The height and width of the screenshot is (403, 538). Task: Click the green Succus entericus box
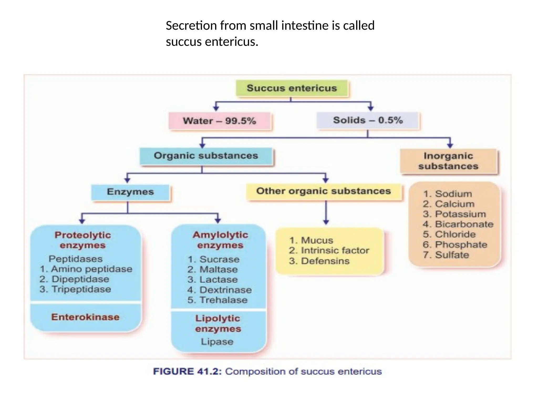pos(292,88)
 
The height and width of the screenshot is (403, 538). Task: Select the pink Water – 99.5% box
pos(220,121)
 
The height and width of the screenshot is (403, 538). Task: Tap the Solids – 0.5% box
pos(368,120)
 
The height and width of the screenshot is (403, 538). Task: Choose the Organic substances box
pos(206,156)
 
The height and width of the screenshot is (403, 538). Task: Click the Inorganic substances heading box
pos(448,161)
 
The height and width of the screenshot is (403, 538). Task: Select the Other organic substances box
pos(324,191)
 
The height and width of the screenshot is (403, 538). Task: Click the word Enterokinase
pos(85,317)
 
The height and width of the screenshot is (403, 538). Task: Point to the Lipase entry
pos(217,342)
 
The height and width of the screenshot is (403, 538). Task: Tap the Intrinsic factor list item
pos(335,251)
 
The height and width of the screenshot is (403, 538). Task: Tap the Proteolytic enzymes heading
pos(83,240)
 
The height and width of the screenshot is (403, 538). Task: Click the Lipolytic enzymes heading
pos(218,324)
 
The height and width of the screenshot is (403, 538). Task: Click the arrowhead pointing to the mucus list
pos(326,222)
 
